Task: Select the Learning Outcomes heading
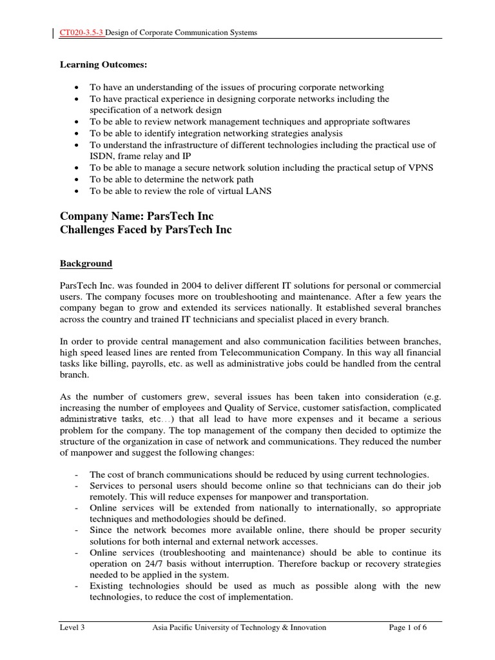[99, 64]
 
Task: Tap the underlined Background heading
[86, 264]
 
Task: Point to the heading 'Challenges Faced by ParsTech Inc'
[146, 230]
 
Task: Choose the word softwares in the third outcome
[389, 121]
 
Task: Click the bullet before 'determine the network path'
[77, 179]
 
